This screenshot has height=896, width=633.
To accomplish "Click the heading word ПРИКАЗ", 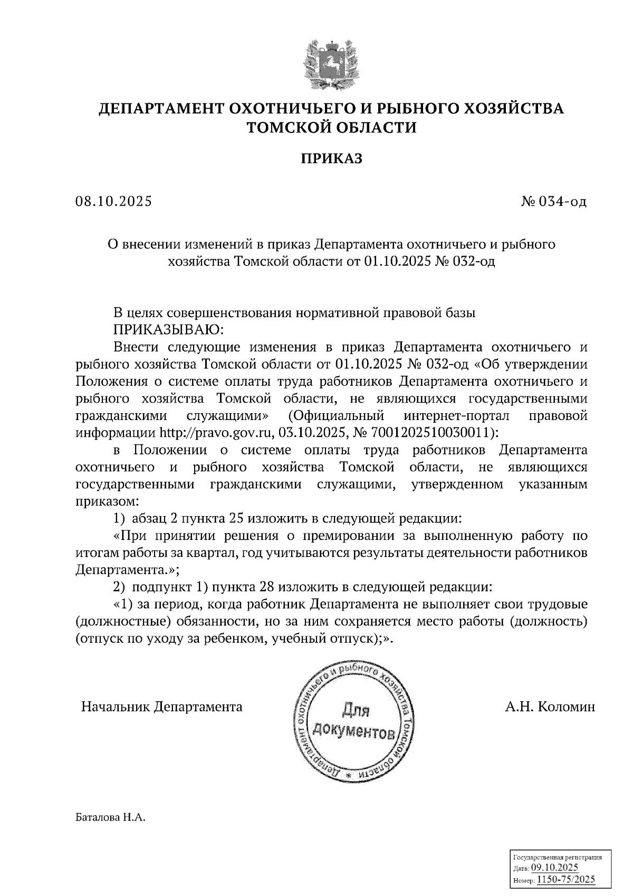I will [332, 158].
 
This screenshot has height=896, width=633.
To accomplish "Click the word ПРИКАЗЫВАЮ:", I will [169, 330].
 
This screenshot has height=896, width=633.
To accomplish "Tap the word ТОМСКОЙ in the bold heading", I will [287, 127].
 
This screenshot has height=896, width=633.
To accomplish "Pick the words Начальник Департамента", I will [161, 707].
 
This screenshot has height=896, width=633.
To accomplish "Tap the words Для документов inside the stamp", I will [353, 722].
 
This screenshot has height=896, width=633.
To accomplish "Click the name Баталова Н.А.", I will [110, 818].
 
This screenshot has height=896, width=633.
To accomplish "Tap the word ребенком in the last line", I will [239, 638].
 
